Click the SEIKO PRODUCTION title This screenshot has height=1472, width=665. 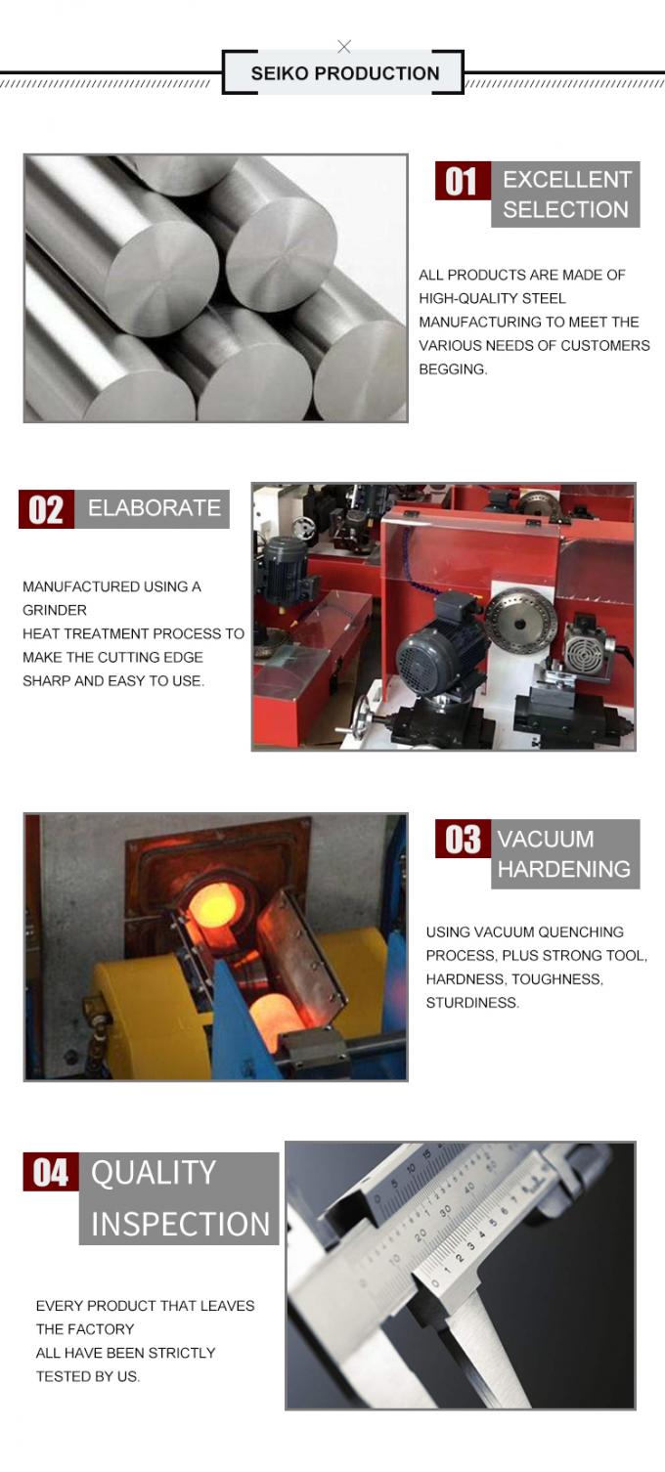click(344, 73)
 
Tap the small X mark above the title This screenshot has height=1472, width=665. click(344, 46)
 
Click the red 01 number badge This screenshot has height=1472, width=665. click(462, 182)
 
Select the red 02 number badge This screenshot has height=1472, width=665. click(46, 510)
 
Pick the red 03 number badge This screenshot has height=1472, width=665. click(463, 840)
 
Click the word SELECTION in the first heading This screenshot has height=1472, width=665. click(565, 209)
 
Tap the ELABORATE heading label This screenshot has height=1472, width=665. click(154, 508)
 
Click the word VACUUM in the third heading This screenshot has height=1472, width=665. click(545, 840)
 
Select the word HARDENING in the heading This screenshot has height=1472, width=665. click(564, 869)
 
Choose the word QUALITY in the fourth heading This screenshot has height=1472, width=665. click(154, 1173)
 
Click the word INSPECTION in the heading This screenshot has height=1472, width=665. click(180, 1224)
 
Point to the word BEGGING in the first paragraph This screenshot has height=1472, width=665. click(453, 369)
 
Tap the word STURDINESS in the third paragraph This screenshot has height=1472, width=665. click(471, 1003)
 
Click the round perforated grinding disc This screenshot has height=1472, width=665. click(520, 618)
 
